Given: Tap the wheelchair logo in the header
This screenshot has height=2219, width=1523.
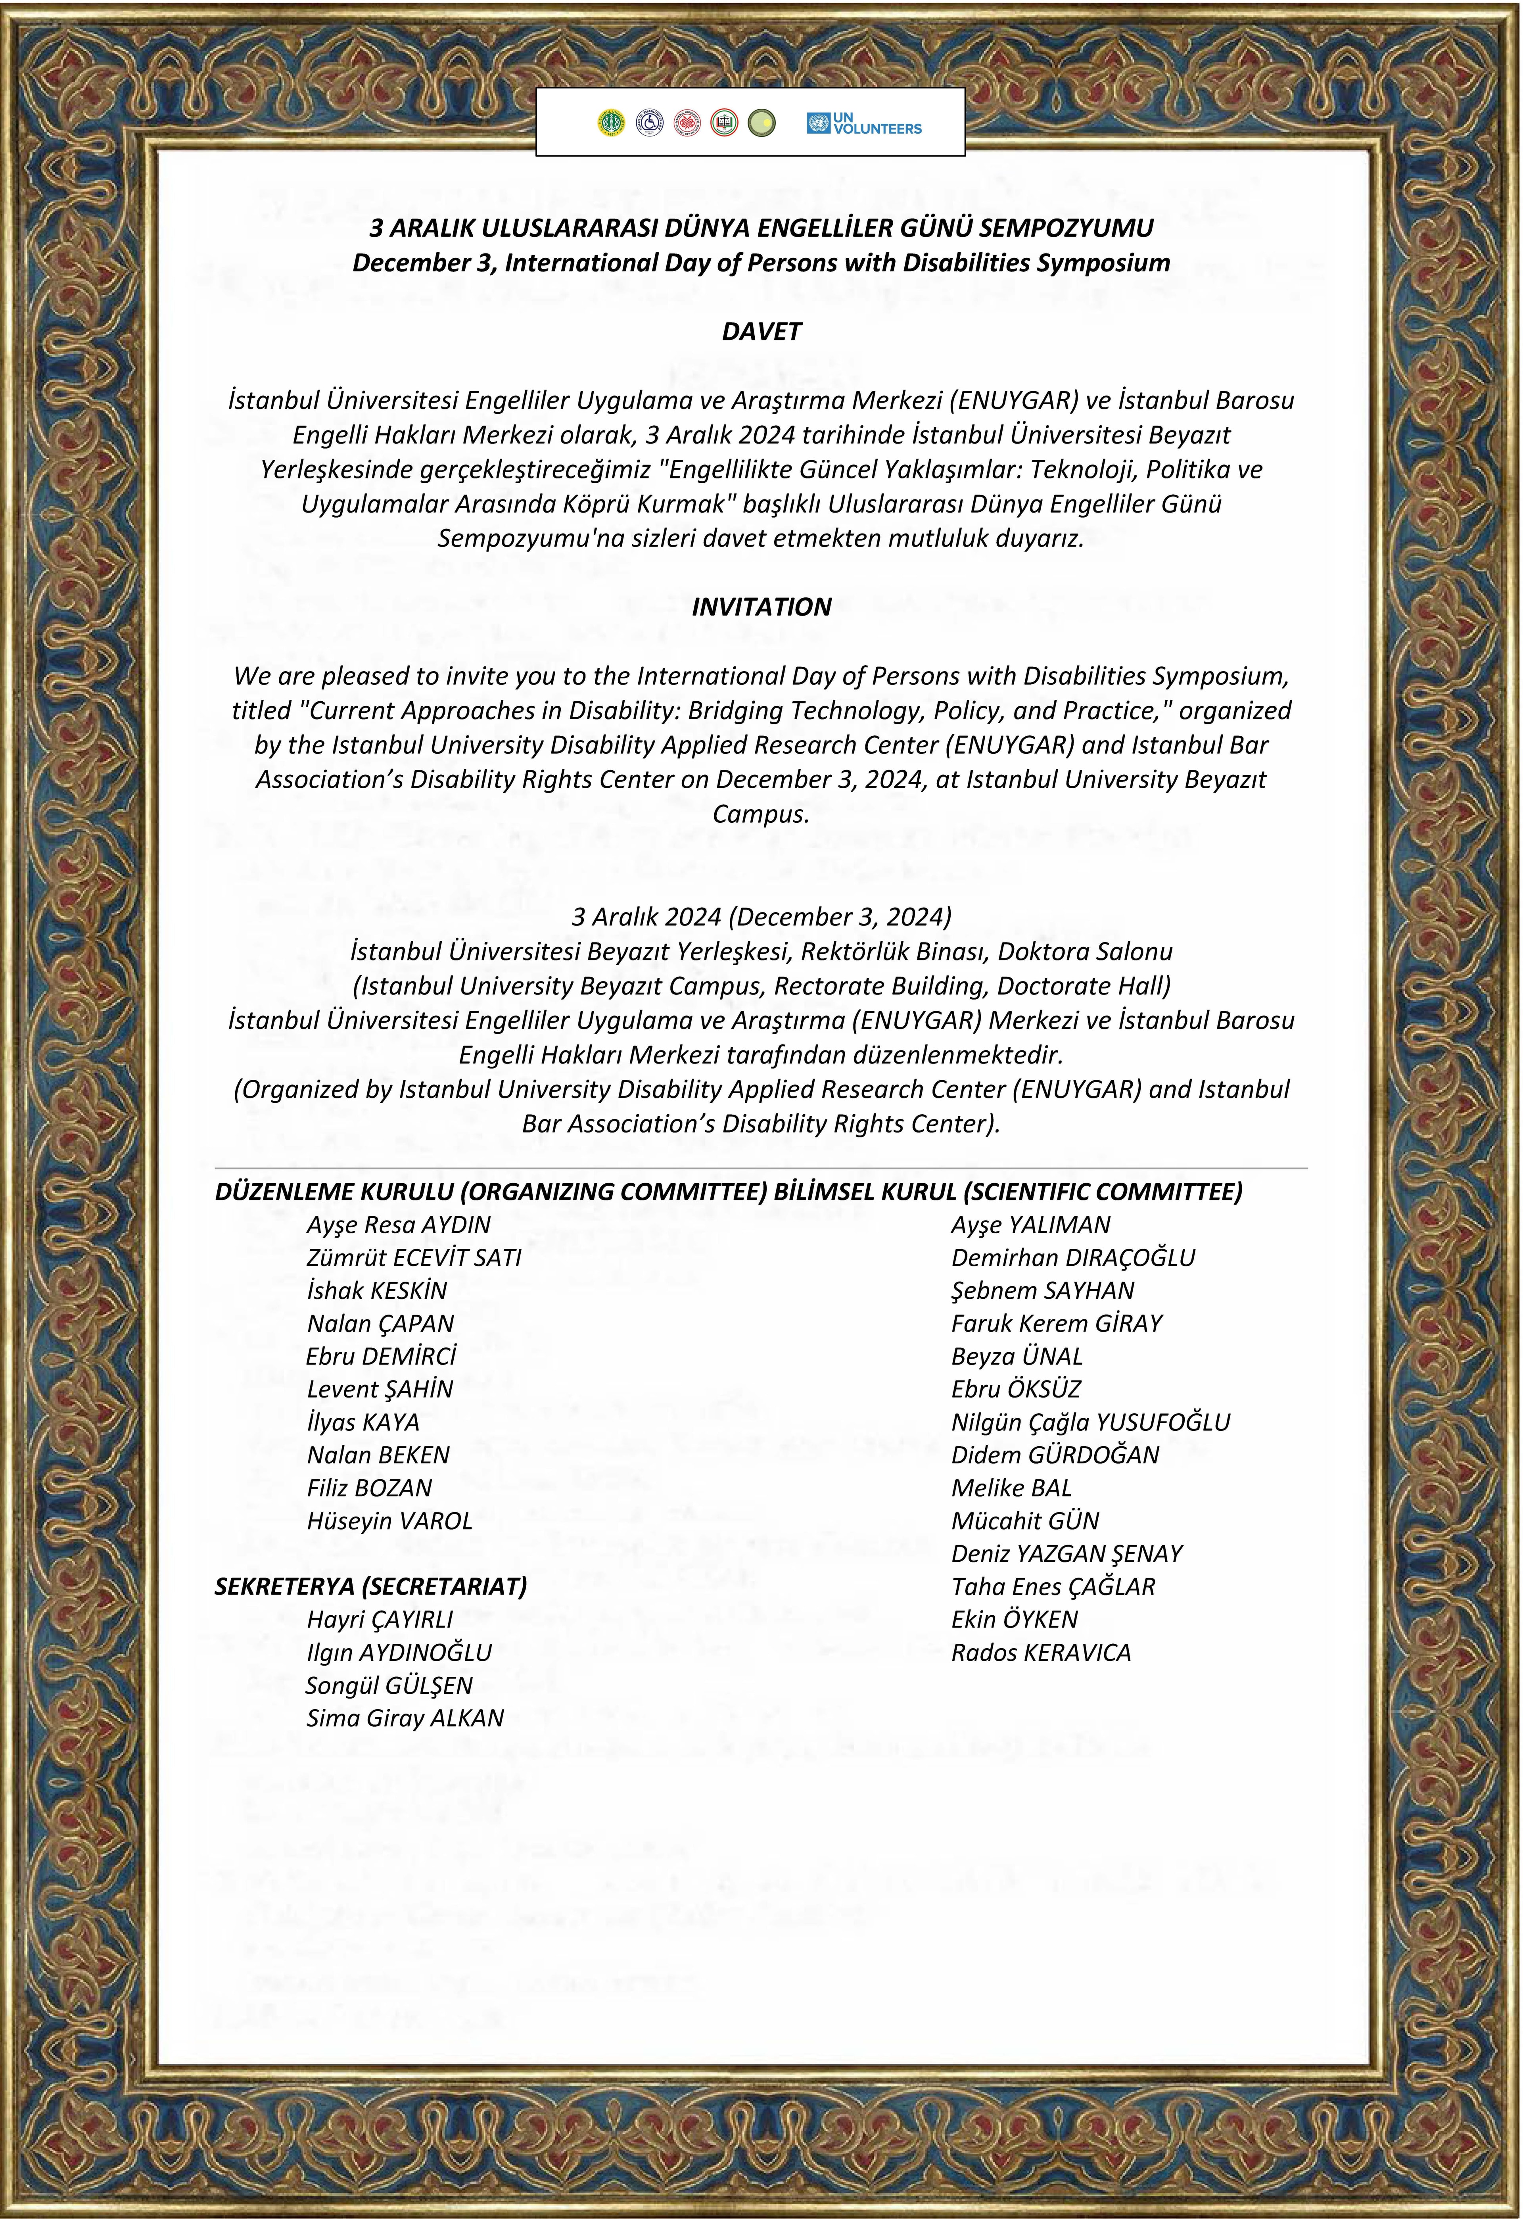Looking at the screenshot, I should pyautogui.click(x=649, y=123).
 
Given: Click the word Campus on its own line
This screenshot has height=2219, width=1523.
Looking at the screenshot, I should pyautogui.click(x=761, y=814).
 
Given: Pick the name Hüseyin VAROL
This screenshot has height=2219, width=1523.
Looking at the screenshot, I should pyautogui.click(x=389, y=1521).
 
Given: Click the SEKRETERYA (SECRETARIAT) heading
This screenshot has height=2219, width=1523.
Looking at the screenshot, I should pyautogui.click(x=370, y=1587).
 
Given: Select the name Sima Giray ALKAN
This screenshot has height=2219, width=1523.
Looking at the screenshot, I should pyautogui.click(x=405, y=1719).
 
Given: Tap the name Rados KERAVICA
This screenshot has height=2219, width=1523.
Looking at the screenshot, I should pyautogui.click(x=1041, y=1653).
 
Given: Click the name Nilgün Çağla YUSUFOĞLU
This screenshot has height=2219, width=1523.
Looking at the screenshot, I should pyautogui.click(x=1090, y=1423).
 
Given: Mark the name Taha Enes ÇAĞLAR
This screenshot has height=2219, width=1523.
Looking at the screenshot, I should pyautogui.click(x=1053, y=1587).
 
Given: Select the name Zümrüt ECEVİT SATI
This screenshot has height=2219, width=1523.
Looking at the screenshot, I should pyautogui.click(x=413, y=1259).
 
